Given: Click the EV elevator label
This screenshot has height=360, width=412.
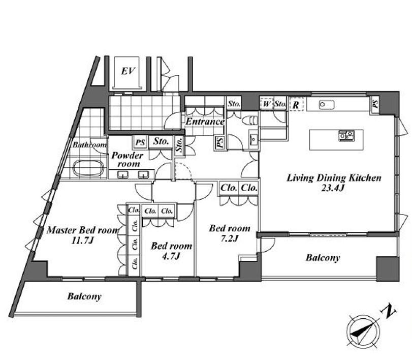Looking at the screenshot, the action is pyautogui.click(x=128, y=71).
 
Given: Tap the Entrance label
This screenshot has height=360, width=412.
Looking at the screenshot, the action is pyautogui.click(x=205, y=122).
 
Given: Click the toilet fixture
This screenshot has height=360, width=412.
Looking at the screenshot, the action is pyautogui.click(x=250, y=121).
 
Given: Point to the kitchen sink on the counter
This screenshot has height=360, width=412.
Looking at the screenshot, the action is pyautogui.click(x=327, y=105).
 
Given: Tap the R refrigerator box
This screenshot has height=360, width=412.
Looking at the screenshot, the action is pyautogui.click(x=296, y=104).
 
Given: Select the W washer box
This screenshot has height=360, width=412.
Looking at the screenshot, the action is pyautogui.click(x=266, y=104).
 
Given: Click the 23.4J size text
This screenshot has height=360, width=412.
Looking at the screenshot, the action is pyautogui.click(x=333, y=188).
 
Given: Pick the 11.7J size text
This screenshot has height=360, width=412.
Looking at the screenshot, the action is pyautogui.click(x=83, y=241).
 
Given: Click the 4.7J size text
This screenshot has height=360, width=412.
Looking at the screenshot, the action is pyautogui.click(x=171, y=256).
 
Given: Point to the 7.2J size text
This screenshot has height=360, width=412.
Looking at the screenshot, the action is pyautogui.click(x=230, y=238).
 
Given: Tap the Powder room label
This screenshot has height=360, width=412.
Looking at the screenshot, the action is pyautogui.click(x=128, y=159).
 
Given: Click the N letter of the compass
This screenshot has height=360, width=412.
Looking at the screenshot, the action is pyautogui.click(x=389, y=312).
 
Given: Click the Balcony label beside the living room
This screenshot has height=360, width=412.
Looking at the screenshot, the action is pyautogui.click(x=323, y=257).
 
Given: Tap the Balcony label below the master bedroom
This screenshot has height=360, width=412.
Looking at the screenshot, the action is pyautogui.click(x=84, y=296).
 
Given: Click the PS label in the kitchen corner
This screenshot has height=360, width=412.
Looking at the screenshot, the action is pyautogui.click(x=375, y=104).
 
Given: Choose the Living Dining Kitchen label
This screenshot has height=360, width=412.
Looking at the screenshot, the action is pyautogui.click(x=334, y=178).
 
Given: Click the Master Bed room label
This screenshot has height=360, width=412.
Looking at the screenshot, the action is pyautogui.click(x=83, y=230).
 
